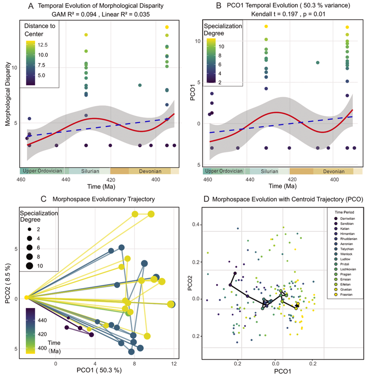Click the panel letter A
point(30,6)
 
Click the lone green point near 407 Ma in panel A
point(140,85)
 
